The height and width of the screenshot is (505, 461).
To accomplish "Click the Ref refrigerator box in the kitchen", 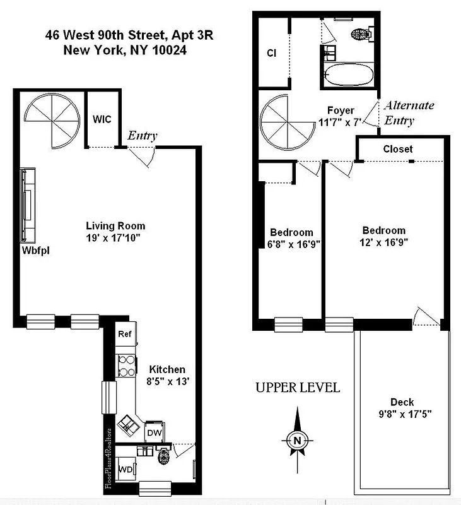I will tap(124, 335).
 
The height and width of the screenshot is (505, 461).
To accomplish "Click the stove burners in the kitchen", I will tap(125, 365).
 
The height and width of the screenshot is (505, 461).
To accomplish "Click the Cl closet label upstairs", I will tap(271, 53).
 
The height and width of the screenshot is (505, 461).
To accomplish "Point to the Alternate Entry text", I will tap(408, 113).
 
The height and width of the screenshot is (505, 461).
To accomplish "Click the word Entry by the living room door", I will tap(143, 135).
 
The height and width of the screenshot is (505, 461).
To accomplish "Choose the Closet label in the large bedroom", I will tap(398, 149).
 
